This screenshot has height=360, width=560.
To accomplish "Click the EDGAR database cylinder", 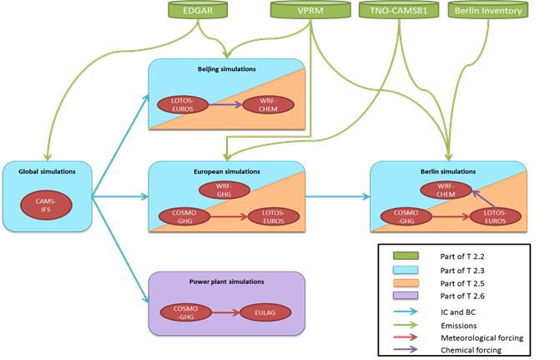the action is click(198, 10).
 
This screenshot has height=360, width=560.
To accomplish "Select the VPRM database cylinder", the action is click(310, 10).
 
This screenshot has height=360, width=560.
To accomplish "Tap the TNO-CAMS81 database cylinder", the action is click(399, 10).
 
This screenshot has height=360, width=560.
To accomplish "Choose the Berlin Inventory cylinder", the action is click(488, 10).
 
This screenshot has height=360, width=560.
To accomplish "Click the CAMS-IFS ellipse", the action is click(46, 205).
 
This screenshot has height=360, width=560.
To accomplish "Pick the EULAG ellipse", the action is click(265, 312).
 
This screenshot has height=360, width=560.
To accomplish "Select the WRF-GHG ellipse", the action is click(225, 190).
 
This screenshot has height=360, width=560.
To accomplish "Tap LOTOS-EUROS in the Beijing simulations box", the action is click(183, 104).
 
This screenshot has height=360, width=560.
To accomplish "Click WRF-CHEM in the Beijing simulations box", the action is click(268, 104).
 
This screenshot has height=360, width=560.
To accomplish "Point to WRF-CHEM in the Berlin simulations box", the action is click(446, 190).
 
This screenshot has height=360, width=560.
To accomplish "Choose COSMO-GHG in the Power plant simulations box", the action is click(186, 312).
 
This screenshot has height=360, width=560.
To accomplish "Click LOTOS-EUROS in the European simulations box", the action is click(274, 216).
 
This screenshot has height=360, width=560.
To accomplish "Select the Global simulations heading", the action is click(47, 171).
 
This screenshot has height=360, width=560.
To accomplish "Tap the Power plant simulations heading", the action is click(227, 281).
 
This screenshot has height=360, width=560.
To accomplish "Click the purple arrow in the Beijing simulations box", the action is click(225, 104).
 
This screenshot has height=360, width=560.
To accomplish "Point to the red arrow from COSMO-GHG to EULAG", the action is click(226, 313).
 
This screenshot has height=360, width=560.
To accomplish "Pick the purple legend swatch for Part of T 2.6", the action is click(406, 296).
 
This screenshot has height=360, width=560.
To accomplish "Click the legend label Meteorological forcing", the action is click(482, 337).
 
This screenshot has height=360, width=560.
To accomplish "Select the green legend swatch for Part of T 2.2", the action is click(406, 256).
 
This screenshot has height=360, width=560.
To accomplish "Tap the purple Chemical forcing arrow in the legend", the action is click(406, 349).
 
